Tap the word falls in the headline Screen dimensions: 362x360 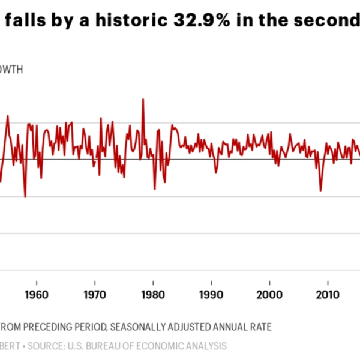[22, 21]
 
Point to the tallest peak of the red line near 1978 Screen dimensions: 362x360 [143, 100]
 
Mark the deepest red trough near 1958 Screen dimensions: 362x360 [25, 196]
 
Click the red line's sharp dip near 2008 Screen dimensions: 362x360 [320, 190]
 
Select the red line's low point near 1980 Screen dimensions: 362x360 [154, 189]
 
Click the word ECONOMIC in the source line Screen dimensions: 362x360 [163, 346]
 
